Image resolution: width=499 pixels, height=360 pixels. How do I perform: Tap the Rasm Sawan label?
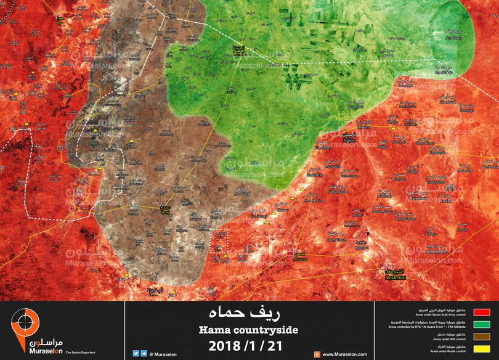tap(406, 219)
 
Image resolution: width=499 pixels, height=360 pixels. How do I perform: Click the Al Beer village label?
tap(430, 234)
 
